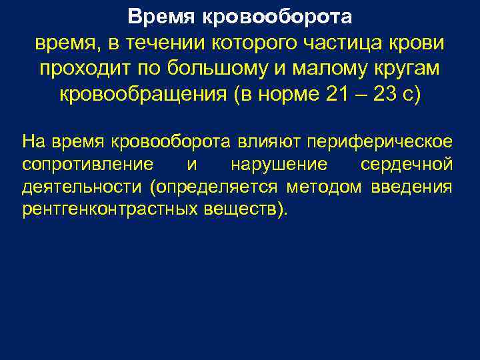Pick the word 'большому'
click(x=205, y=68)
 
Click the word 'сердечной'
click(x=407, y=164)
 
